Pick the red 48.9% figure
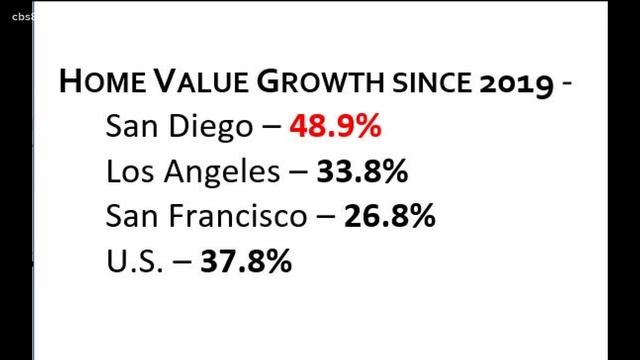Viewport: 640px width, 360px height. pyautogui.click(x=336, y=127)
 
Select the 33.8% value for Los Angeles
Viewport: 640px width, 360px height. pyautogui.click(x=361, y=172)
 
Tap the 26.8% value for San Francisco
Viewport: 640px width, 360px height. pyautogui.click(x=390, y=216)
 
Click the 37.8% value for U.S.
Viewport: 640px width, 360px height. pyautogui.click(x=246, y=261)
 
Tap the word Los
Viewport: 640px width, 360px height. pyautogui.click(x=128, y=172)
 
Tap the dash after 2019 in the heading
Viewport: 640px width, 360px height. pyautogui.click(x=567, y=85)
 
